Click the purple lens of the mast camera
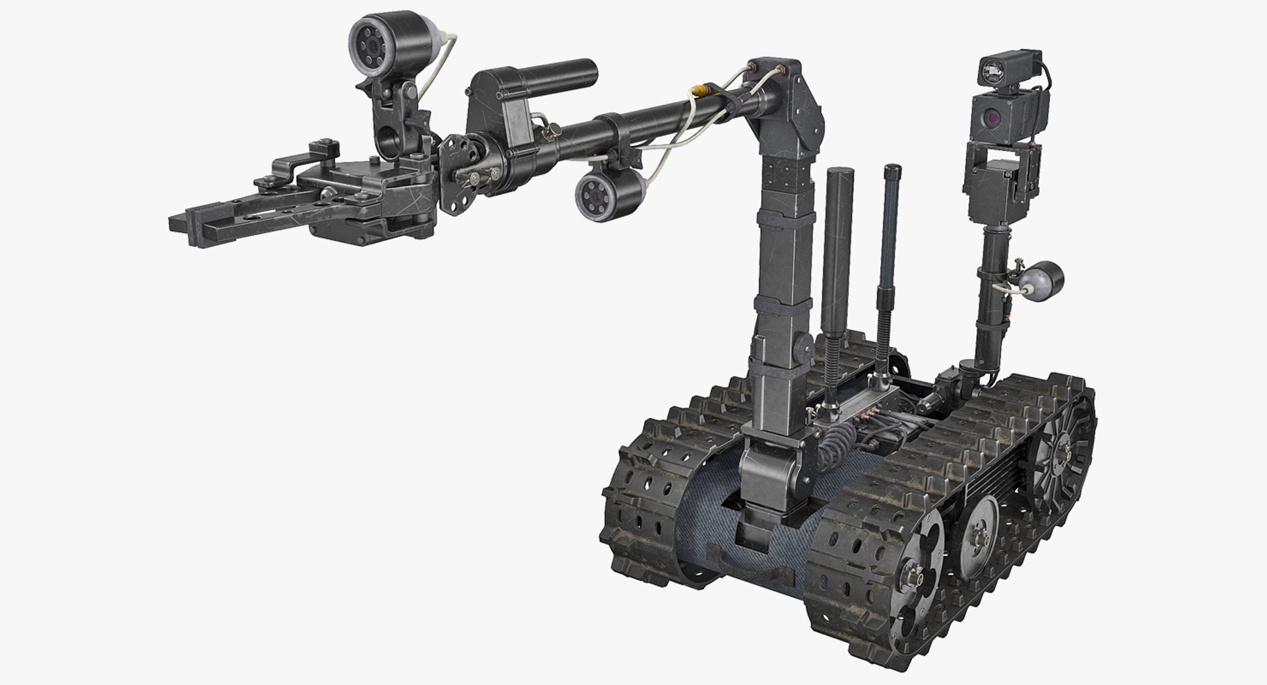(x=991, y=117)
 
